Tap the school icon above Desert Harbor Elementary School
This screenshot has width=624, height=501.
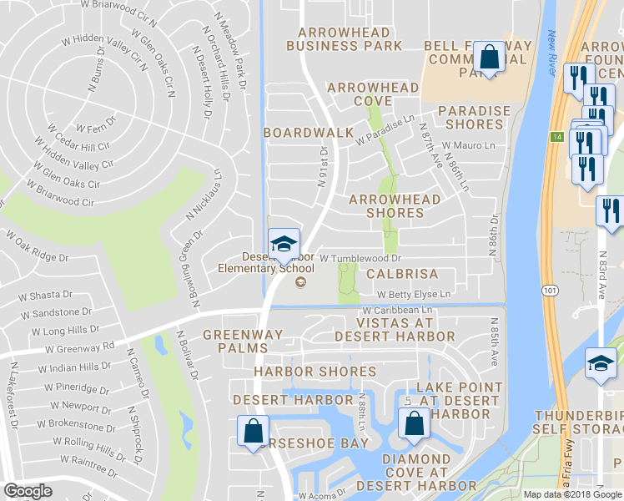pyautogui.click(x=284, y=244)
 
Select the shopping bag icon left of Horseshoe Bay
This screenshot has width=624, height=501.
pyautogui.click(x=253, y=432)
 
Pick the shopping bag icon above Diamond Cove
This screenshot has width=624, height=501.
pyautogui.click(x=414, y=424)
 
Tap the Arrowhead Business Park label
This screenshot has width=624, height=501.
pyautogui.click(x=344, y=39)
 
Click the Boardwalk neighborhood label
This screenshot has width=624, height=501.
pyautogui.click(x=303, y=133)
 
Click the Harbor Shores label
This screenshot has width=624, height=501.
pyautogui.click(x=304, y=372)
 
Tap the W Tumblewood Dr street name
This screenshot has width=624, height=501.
pyautogui.click(x=360, y=259)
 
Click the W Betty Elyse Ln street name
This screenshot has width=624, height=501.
pyautogui.click(x=413, y=294)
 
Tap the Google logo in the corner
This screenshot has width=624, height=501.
pyautogui.click(x=28, y=491)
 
